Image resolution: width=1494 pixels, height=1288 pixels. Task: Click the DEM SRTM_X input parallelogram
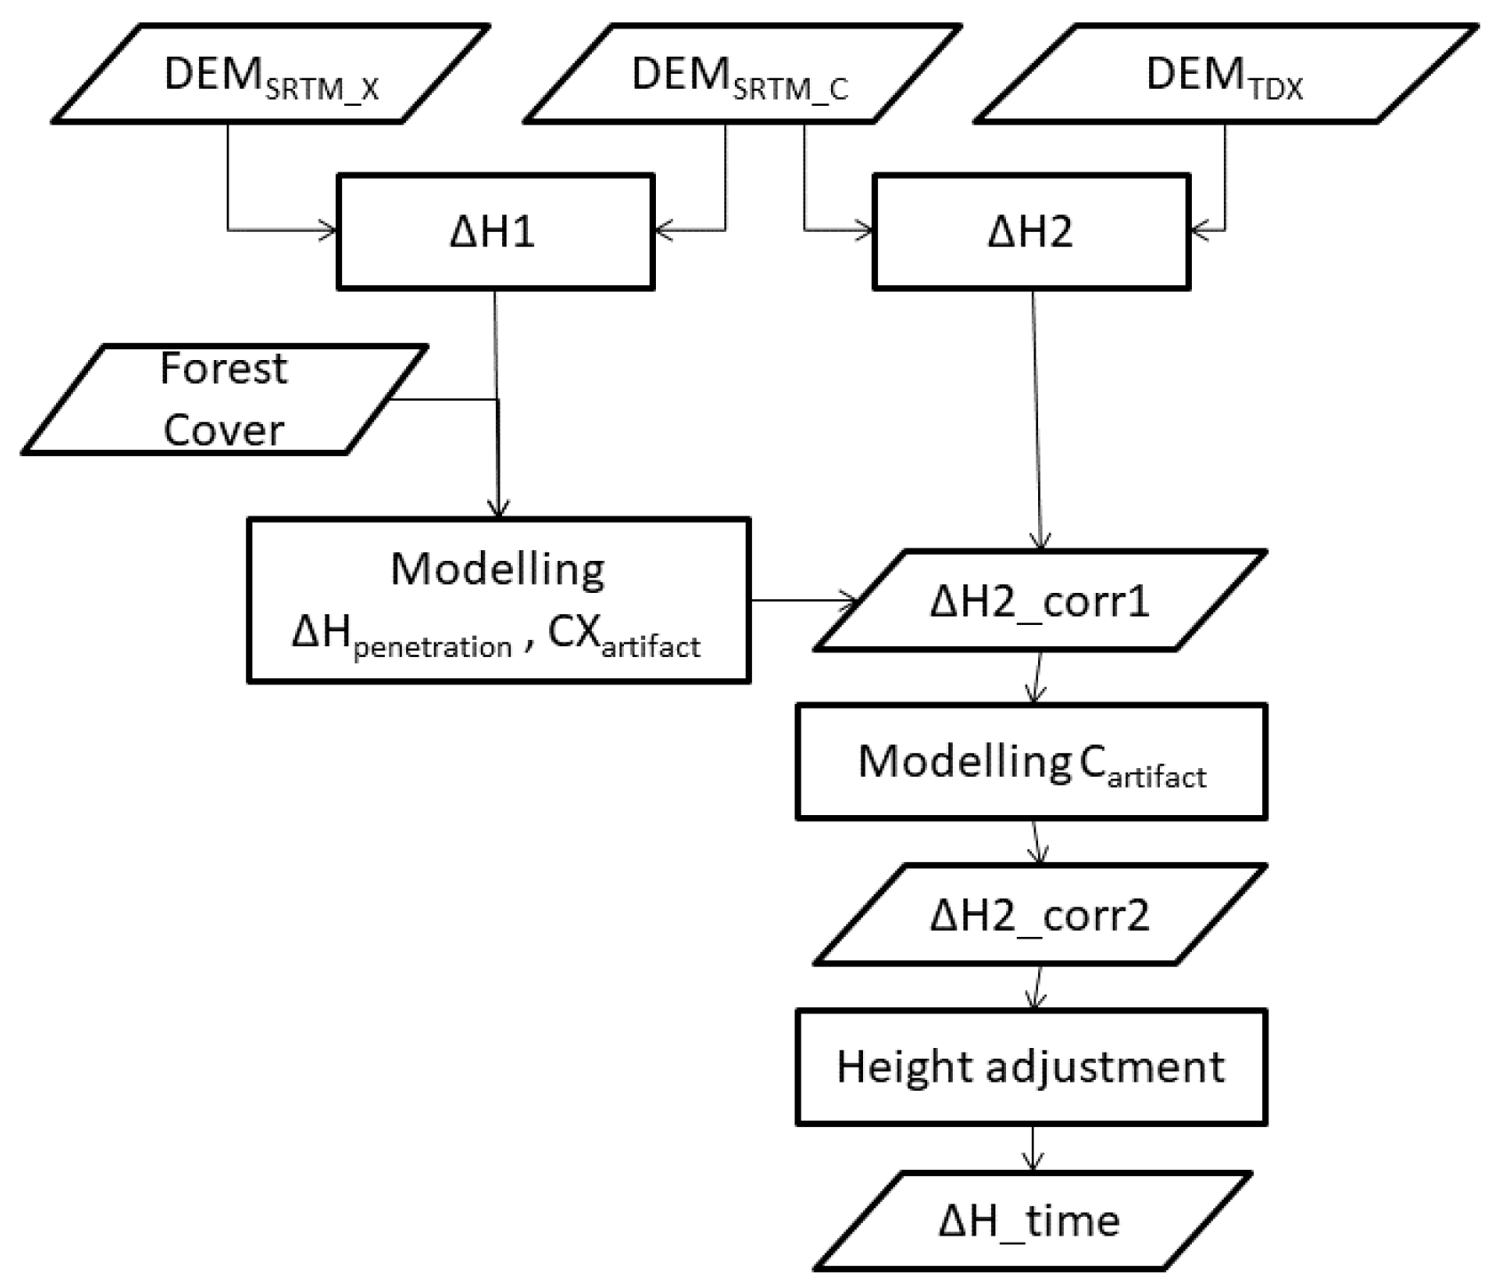(271, 74)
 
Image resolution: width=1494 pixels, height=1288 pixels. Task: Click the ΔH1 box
(494, 232)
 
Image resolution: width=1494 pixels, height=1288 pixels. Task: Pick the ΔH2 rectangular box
(1031, 232)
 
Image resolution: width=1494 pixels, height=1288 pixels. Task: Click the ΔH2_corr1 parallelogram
(1039, 602)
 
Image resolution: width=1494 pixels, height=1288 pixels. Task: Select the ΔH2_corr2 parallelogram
(1039, 915)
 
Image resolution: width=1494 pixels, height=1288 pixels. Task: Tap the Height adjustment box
(1031, 1067)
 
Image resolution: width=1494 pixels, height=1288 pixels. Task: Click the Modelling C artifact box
(1031, 762)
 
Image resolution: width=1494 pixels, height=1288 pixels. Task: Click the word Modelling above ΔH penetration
(498, 570)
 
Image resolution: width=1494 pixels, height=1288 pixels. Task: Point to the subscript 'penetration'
(433, 647)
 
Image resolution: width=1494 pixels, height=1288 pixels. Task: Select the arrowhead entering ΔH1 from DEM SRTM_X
(329, 231)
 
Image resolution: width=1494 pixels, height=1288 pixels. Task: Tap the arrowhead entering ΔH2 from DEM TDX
(1198, 231)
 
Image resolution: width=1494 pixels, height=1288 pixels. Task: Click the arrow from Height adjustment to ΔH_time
(1032, 1148)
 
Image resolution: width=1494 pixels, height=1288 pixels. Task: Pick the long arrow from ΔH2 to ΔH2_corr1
(1036, 418)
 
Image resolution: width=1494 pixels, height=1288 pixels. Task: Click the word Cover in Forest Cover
(223, 430)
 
